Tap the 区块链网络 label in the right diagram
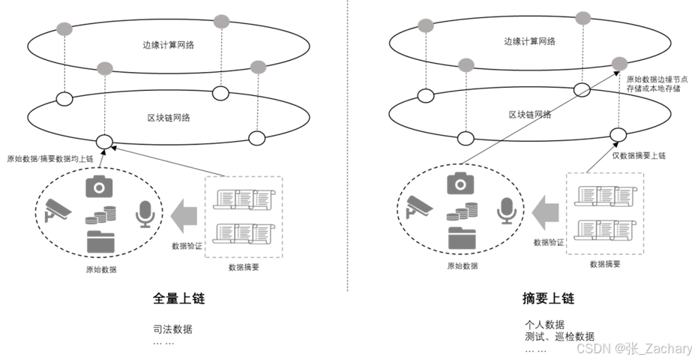(529, 115)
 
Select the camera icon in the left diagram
(99, 185)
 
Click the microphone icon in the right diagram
(506, 211)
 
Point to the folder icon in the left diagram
(100, 241)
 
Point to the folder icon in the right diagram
(462, 238)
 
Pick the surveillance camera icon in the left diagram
(57, 210)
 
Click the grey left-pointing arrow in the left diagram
(183, 214)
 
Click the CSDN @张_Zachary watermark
(633, 347)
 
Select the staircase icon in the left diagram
(100, 214)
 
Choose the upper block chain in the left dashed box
(243, 199)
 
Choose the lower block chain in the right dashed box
(604, 229)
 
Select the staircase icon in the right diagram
(461, 211)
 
